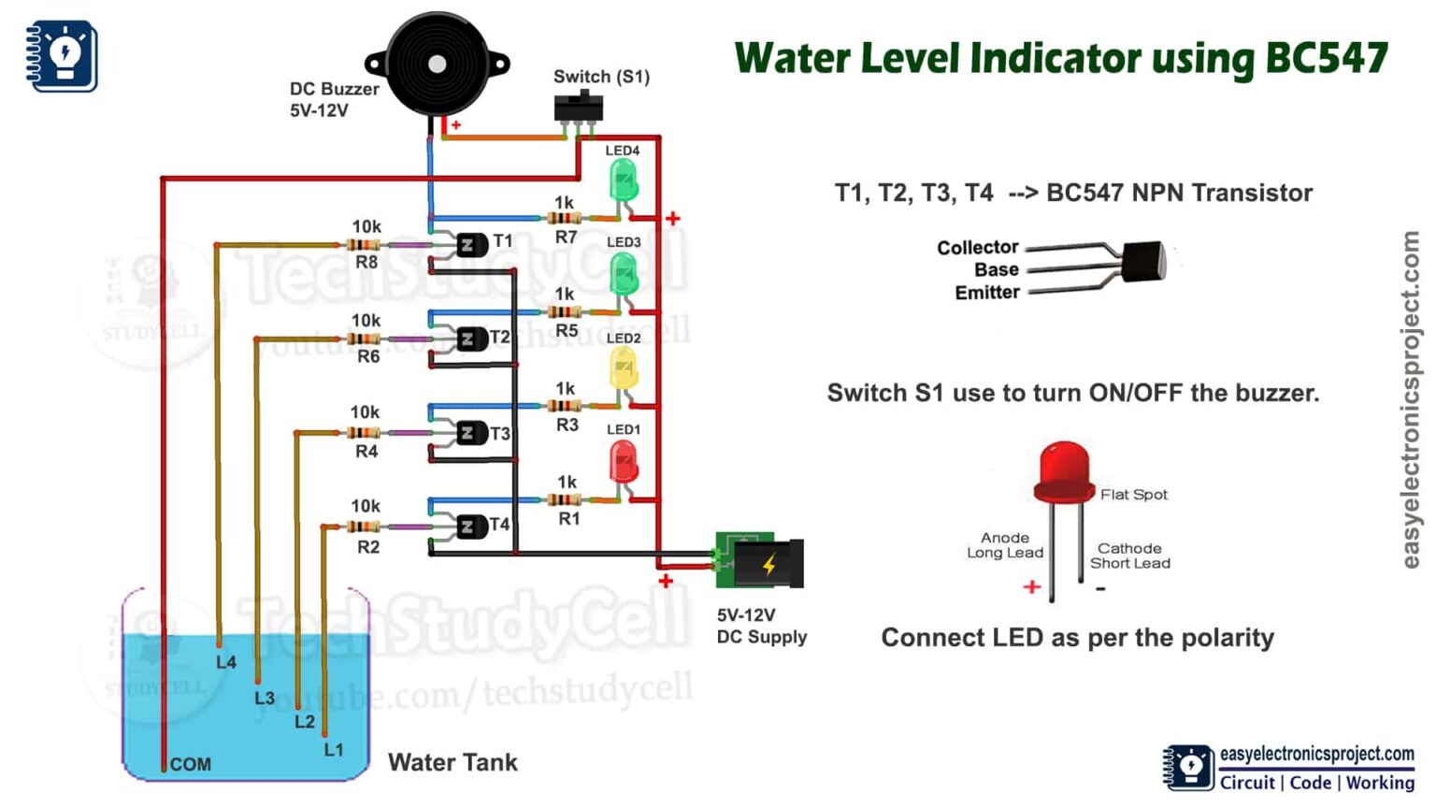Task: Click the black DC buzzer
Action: pos(437,64)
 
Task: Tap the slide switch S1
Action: pos(579,107)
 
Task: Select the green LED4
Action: pos(624,180)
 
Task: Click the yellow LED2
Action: pos(624,368)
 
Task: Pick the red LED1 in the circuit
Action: pos(624,461)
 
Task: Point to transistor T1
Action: pos(470,245)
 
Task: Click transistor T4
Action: pos(470,527)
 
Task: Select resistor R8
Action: pos(364,245)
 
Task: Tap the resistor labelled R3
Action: pos(565,406)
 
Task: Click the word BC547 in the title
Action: pos(1326,58)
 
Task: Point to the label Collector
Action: pos(977,248)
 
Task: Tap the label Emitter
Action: pos(986,293)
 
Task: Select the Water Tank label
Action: pos(452,762)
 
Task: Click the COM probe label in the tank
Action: pos(190,764)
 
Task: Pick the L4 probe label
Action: pos(226,662)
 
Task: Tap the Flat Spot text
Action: pos(1133,495)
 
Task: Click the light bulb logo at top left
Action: pos(62,55)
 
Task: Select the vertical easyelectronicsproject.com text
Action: pos(1412,399)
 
